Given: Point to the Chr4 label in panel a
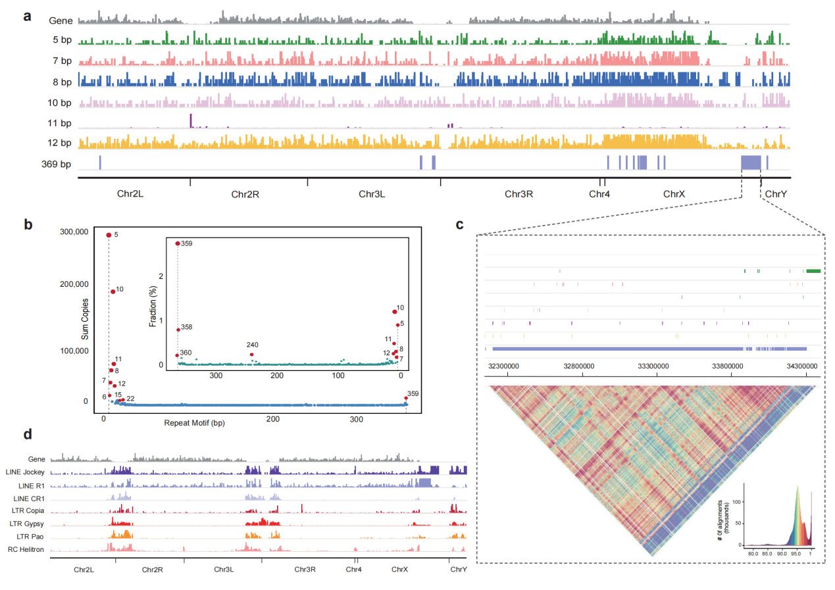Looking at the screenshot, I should click(599, 194).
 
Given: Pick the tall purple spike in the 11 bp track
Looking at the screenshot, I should click(191, 120).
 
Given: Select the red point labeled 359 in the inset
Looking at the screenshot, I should click(178, 243).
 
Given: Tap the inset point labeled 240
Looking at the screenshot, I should click(252, 355).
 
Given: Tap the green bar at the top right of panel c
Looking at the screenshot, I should click(813, 270).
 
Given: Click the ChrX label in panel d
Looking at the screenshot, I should click(400, 569).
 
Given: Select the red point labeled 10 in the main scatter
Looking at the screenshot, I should click(113, 291).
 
